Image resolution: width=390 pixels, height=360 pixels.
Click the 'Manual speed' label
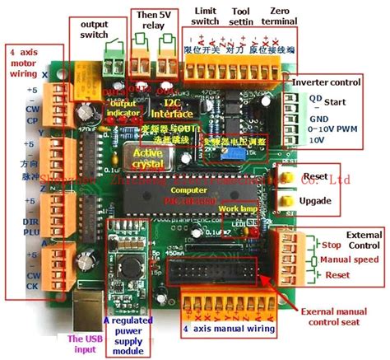pos(346,259)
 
